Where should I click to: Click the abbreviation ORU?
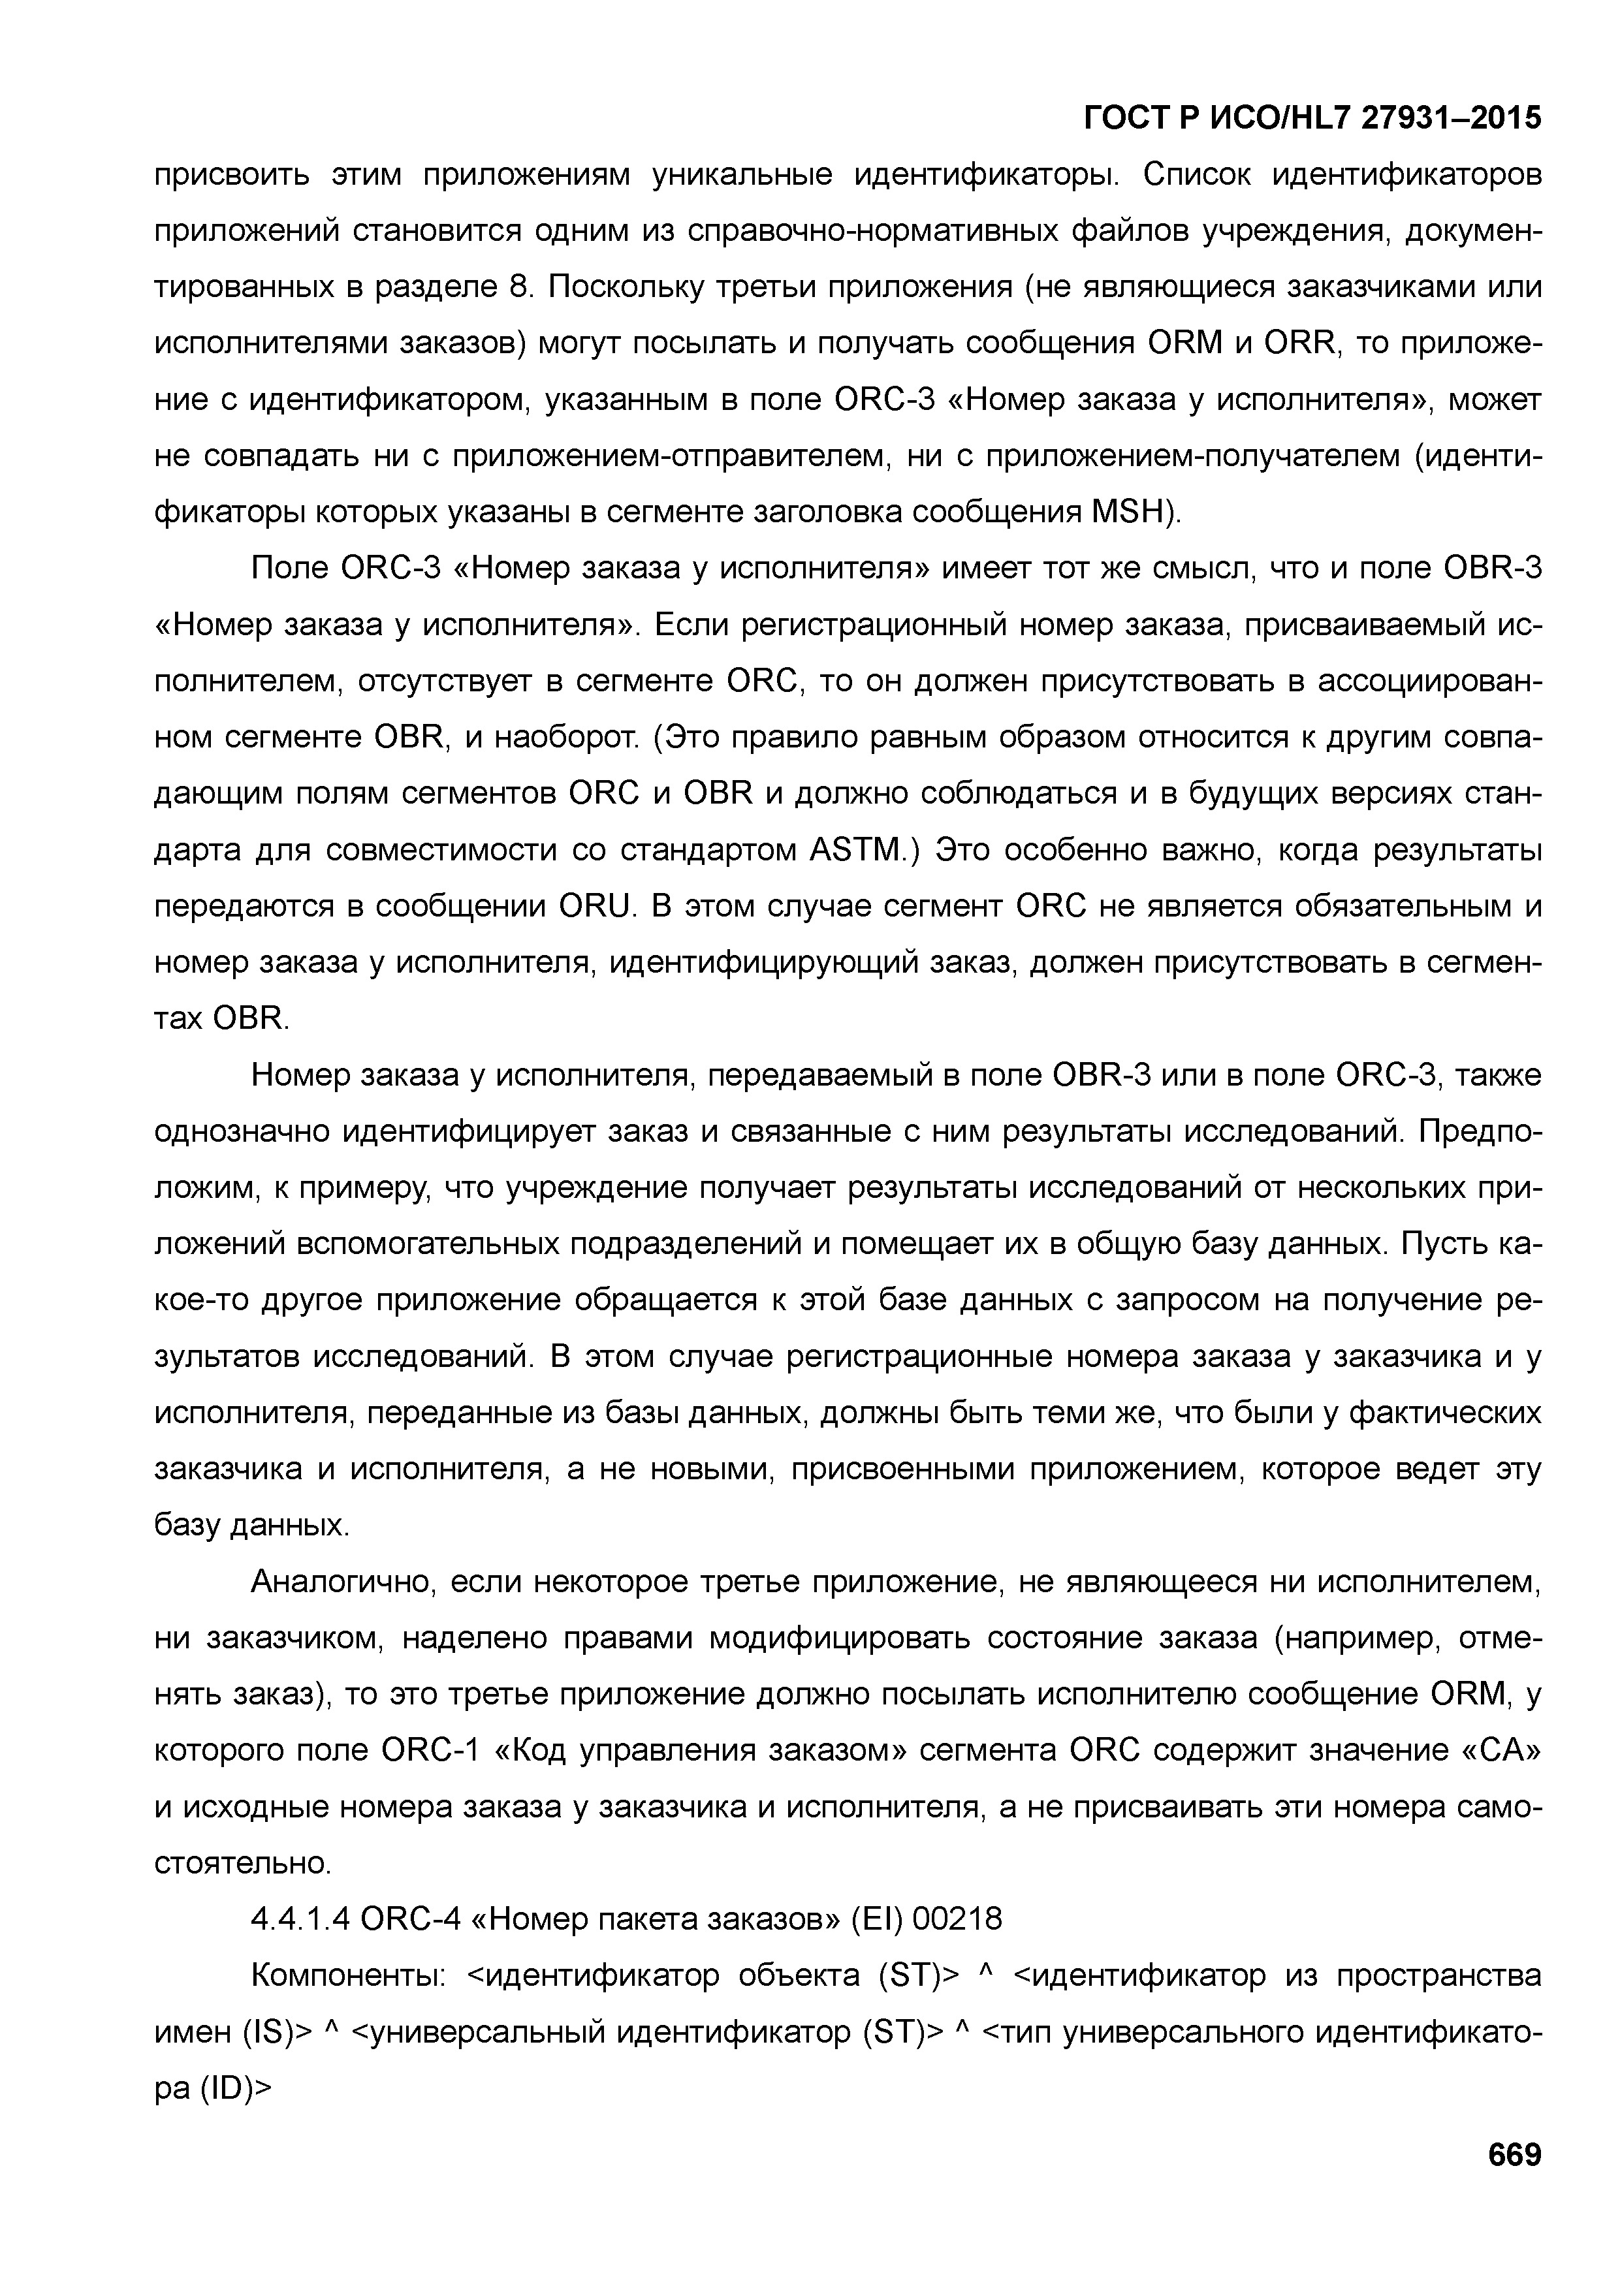click(x=597, y=907)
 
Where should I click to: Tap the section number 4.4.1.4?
click(x=299, y=1918)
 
